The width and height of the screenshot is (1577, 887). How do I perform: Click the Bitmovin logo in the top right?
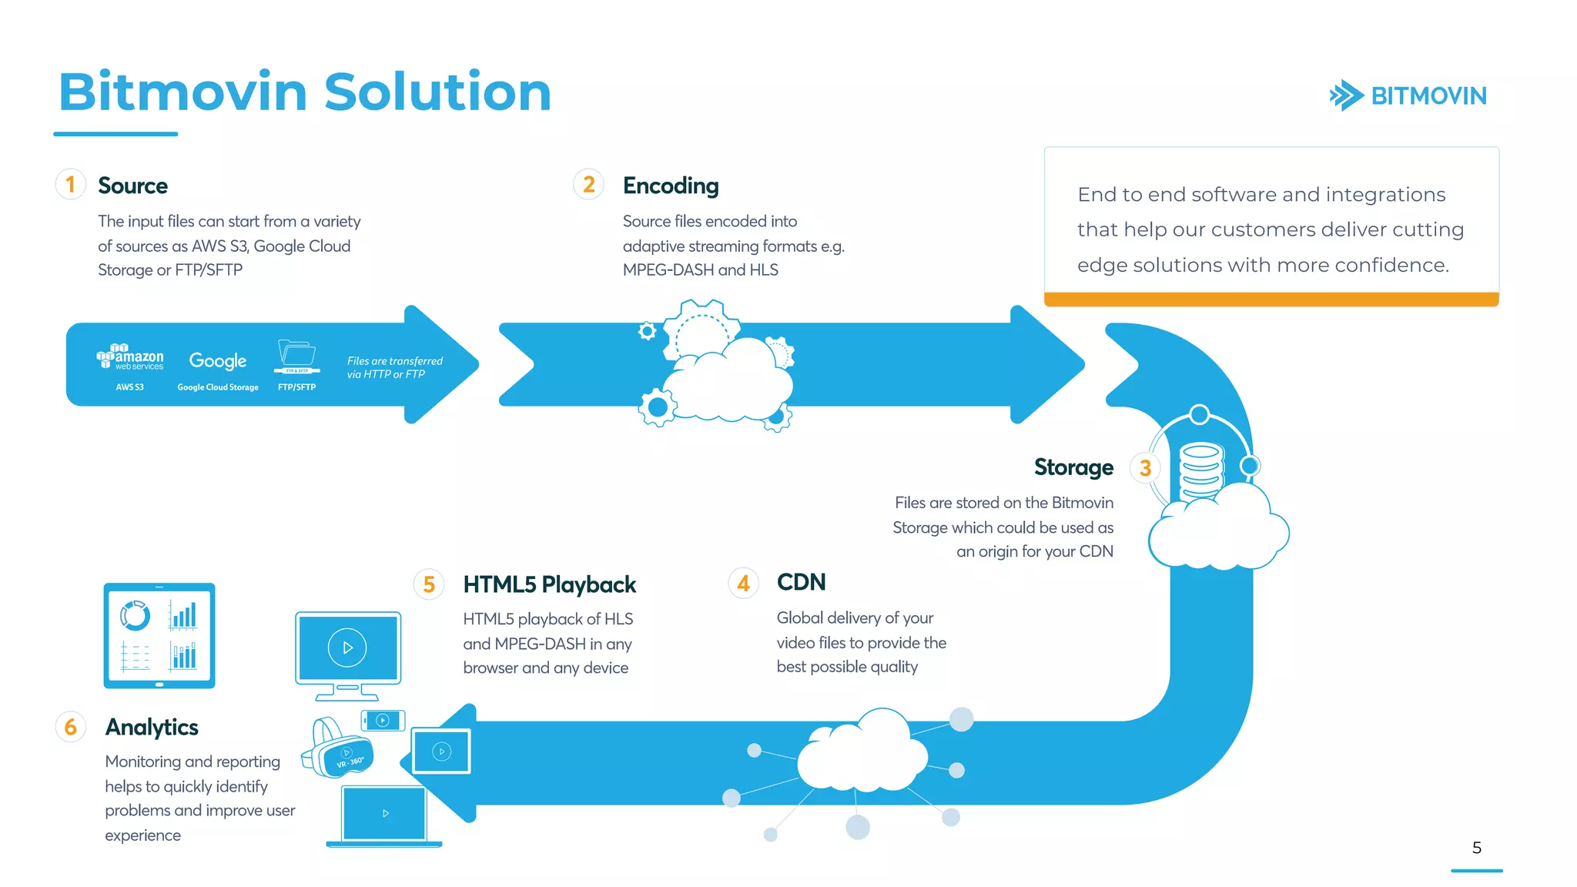(1408, 95)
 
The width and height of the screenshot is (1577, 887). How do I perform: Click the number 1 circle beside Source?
(70, 185)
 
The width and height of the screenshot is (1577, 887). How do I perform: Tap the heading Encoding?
(670, 186)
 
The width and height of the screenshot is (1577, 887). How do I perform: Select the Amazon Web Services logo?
(130, 358)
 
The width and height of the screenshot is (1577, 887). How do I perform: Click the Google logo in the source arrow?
(218, 360)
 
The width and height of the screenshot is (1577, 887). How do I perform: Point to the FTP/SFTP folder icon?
(296, 355)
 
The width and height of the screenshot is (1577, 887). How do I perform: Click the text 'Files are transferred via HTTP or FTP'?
(394, 367)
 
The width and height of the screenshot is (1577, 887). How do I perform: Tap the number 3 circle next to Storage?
(1145, 467)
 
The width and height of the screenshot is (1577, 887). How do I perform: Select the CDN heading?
(801, 582)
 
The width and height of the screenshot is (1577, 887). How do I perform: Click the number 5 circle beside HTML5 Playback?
(429, 584)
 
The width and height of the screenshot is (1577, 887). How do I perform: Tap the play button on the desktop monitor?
(347, 648)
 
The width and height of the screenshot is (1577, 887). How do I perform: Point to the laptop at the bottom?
(384, 815)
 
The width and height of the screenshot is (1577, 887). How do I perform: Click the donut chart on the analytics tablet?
(135, 615)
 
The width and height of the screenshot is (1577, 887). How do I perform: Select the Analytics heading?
(152, 727)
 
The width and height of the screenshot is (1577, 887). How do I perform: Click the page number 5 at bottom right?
(1476, 848)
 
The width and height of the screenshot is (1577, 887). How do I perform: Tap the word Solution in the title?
(437, 92)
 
